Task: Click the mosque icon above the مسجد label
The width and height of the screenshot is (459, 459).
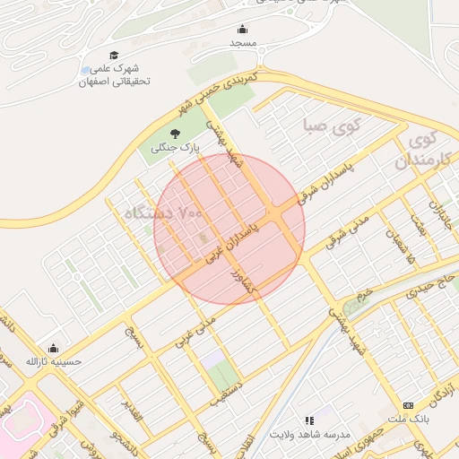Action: point(242,29)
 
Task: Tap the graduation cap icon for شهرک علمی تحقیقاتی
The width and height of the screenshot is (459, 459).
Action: point(114,56)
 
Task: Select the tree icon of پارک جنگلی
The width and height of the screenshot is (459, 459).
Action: point(175,133)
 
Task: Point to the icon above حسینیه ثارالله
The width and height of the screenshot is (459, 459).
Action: point(53,348)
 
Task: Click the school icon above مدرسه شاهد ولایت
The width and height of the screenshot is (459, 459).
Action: point(309,420)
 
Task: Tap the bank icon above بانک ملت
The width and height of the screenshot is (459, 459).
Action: point(408,405)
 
